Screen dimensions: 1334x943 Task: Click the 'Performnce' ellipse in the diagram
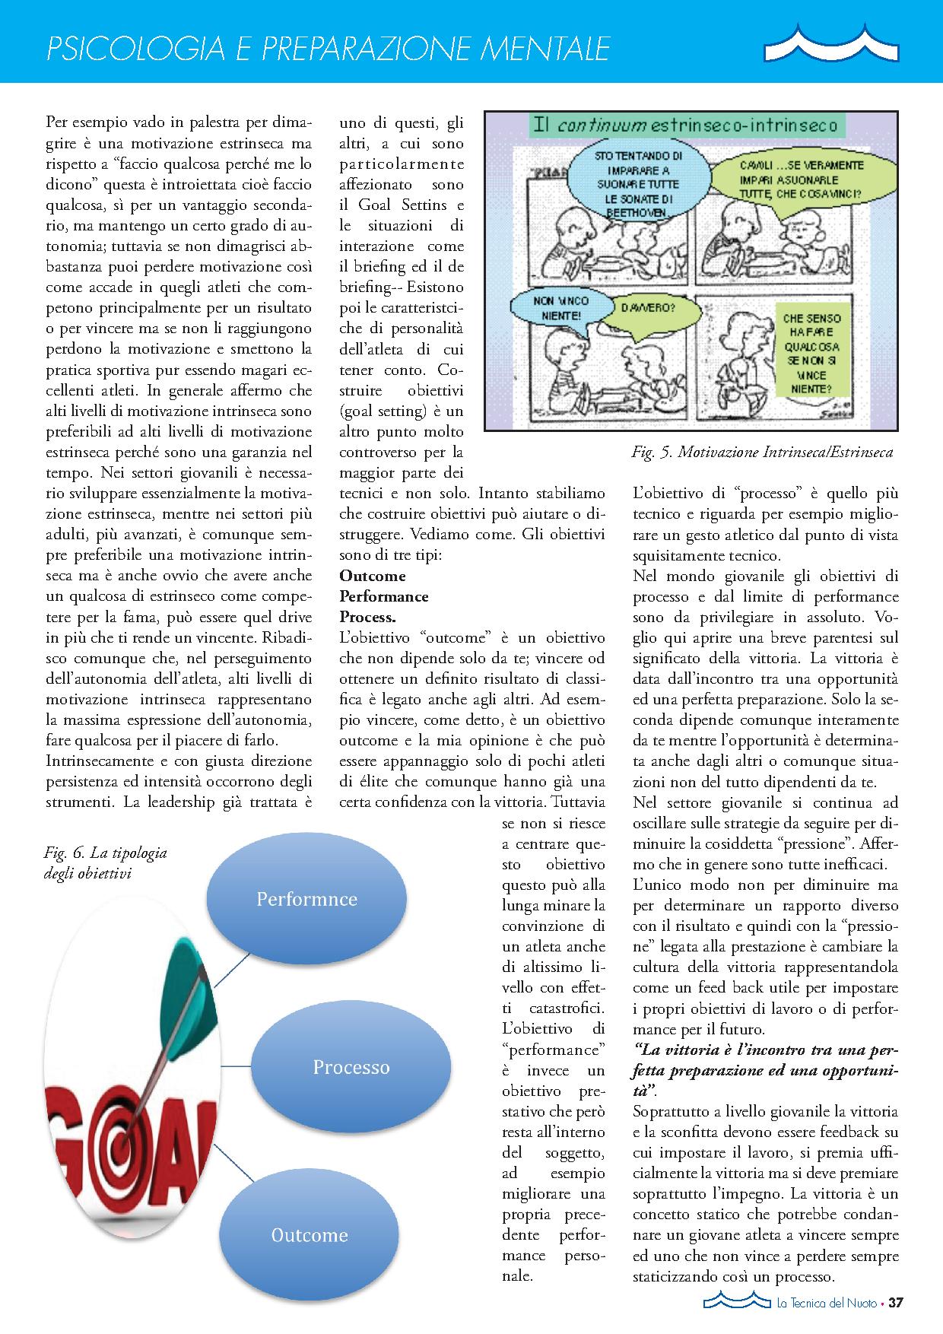[x=306, y=900]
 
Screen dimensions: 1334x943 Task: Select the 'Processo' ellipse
[x=351, y=1067]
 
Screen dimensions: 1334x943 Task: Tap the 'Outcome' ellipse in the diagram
[x=310, y=1235]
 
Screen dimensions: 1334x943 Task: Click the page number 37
[x=895, y=1302]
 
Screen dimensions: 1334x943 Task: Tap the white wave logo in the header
[x=830, y=44]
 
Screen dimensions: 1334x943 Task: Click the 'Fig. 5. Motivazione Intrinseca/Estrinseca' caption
[x=761, y=453]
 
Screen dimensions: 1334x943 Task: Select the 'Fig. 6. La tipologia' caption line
[x=106, y=853]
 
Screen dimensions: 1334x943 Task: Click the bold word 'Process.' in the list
[x=367, y=616]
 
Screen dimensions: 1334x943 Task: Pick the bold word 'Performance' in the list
[x=383, y=596]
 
